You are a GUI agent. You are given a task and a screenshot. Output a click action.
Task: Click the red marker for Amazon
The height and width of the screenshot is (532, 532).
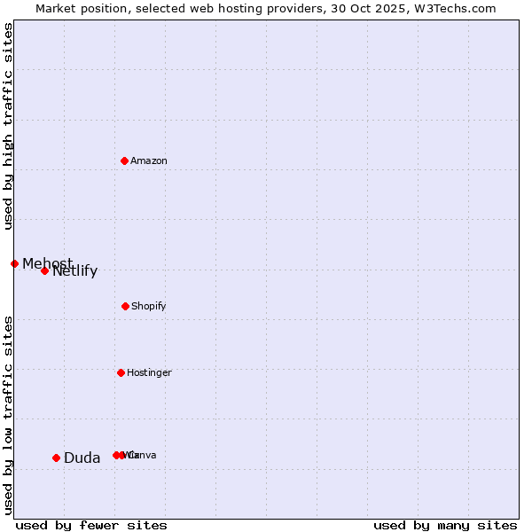(124, 160)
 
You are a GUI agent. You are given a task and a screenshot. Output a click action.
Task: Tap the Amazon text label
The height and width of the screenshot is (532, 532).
(148, 161)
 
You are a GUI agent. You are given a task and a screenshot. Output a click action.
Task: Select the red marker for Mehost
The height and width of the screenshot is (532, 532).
(14, 263)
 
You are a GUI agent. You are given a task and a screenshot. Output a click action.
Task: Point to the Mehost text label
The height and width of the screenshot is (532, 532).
(47, 263)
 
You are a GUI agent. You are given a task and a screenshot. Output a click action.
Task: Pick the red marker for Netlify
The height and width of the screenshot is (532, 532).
(44, 270)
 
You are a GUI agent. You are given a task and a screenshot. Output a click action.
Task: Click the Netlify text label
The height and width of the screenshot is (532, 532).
(75, 271)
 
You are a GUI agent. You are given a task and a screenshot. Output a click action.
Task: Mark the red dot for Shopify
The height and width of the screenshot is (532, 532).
(125, 306)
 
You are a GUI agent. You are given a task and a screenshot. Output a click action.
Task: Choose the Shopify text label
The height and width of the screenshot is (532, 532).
(148, 307)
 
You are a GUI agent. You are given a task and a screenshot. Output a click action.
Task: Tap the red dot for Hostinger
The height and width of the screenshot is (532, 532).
(121, 372)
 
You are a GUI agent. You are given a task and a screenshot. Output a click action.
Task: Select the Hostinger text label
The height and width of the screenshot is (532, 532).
(149, 373)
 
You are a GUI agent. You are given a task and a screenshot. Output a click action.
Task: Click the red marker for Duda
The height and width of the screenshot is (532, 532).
(56, 458)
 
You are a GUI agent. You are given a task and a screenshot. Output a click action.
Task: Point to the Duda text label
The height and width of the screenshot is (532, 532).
(82, 458)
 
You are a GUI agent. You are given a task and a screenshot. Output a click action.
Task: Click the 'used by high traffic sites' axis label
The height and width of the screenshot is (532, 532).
(9, 126)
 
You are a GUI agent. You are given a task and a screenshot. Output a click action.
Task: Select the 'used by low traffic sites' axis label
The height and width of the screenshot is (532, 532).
(9, 414)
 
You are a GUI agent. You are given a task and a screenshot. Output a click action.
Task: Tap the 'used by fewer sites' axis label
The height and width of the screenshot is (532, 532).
(91, 525)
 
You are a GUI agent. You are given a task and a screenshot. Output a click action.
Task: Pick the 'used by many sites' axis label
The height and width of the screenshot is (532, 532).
(445, 525)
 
